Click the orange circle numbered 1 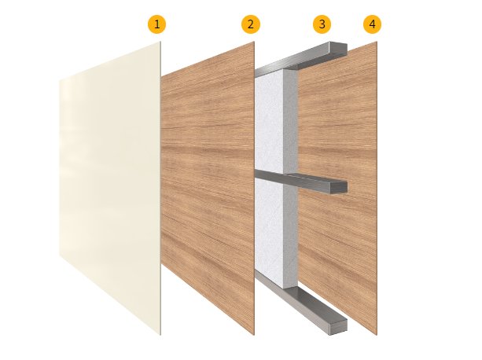[x=156, y=24]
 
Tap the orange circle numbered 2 [x=251, y=24]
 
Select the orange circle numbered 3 [x=322, y=24]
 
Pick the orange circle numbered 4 [x=372, y=24]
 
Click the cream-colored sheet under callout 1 [x=110, y=188]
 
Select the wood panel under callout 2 [x=208, y=188]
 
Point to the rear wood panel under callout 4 [x=337, y=188]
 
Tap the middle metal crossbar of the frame [x=301, y=181]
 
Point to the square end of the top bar [x=338, y=49]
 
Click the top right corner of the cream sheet [x=160, y=42]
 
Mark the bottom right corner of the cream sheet [x=160, y=335]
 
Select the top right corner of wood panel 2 [x=254, y=42]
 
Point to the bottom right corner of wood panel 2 [x=254, y=335]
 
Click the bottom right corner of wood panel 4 [x=377, y=335]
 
